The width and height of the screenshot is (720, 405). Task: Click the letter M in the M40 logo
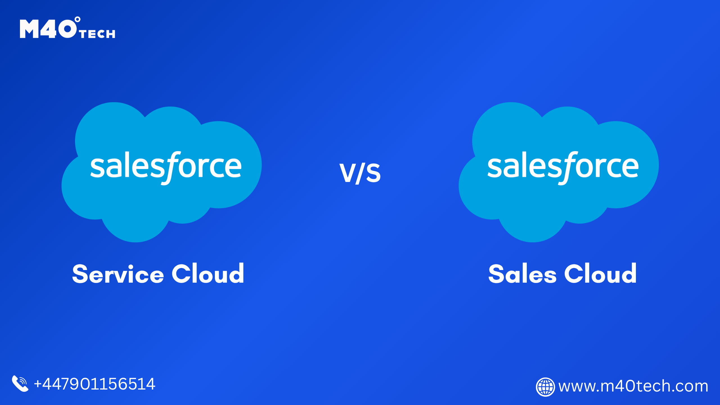(x=29, y=29)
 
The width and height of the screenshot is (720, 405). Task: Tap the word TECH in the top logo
(x=97, y=34)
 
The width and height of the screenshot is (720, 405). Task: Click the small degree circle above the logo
(x=78, y=19)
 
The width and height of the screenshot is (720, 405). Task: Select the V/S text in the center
(x=360, y=172)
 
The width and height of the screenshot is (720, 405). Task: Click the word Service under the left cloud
(x=118, y=274)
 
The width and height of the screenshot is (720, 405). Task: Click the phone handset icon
(x=20, y=384)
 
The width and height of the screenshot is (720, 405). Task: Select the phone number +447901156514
(x=94, y=384)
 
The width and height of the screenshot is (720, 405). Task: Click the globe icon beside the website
(x=545, y=387)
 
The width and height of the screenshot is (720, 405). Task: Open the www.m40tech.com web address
(x=633, y=386)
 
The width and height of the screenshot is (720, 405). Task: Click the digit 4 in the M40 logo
(x=49, y=29)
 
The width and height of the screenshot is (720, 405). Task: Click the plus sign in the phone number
(x=38, y=384)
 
